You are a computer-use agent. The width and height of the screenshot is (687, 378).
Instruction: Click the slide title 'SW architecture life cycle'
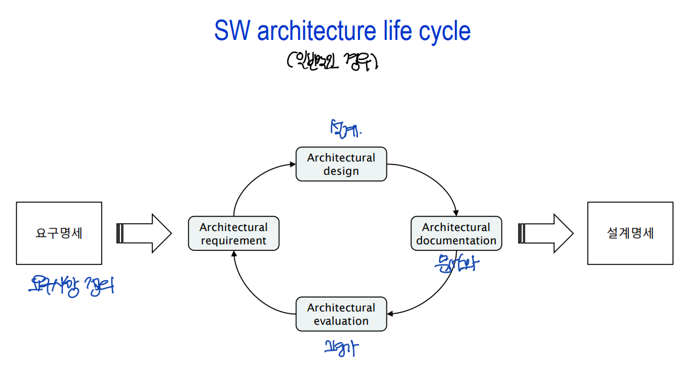click(x=342, y=31)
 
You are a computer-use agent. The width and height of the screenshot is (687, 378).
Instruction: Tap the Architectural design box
click(x=341, y=164)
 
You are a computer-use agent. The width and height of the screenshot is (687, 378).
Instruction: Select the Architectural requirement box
click(x=233, y=233)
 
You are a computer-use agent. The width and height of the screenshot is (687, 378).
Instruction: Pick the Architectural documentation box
click(x=456, y=233)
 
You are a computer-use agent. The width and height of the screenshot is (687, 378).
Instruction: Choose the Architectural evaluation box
click(x=341, y=314)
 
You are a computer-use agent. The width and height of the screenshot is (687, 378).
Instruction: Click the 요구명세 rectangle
click(x=59, y=233)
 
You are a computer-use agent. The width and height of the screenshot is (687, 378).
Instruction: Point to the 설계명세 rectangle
click(x=630, y=233)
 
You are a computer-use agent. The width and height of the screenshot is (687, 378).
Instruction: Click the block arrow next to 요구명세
click(x=144, y=233)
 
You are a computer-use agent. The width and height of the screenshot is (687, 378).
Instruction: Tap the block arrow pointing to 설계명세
click(x=545, y=233)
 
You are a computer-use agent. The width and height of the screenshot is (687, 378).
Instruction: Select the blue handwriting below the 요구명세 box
click(x=71, y=285)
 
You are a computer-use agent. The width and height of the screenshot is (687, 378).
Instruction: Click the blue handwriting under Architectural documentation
click(x=455, y=264)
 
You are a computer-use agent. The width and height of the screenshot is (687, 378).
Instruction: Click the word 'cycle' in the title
click(x=446, y=31)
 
